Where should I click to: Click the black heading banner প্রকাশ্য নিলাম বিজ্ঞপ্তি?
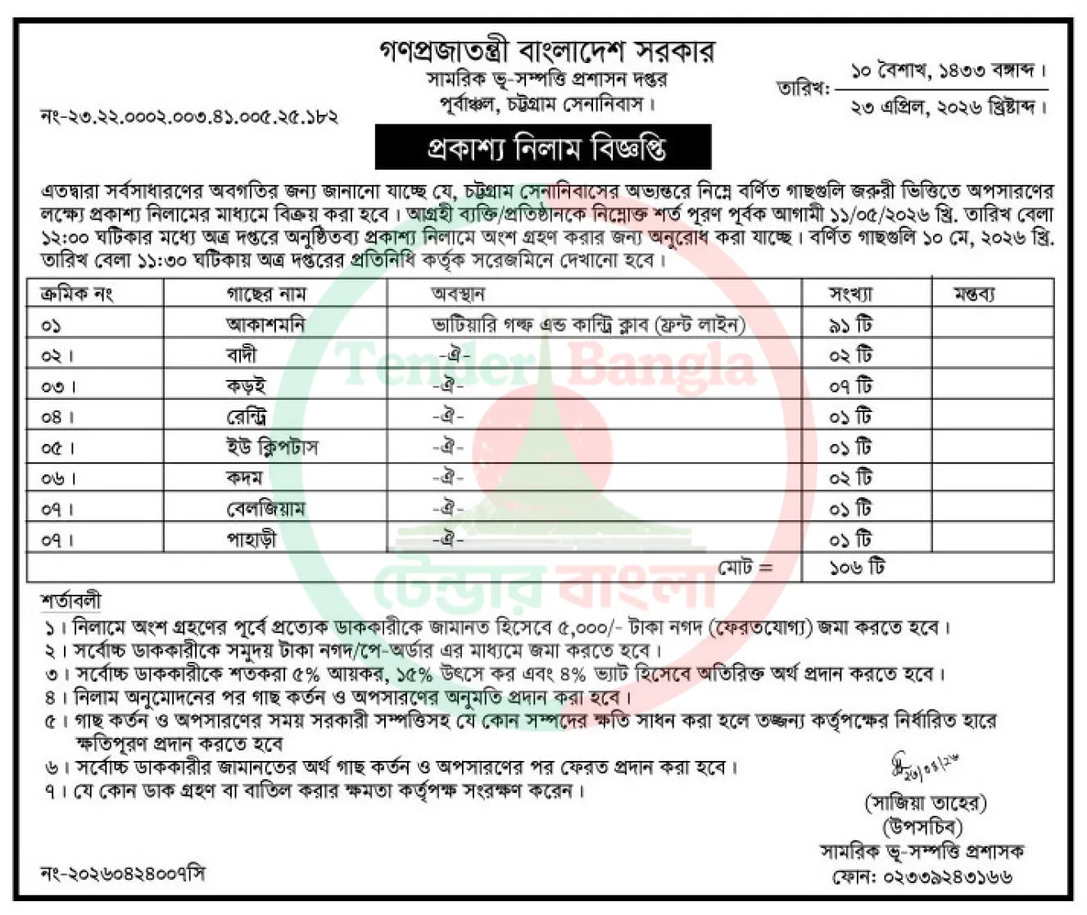coord(543,148)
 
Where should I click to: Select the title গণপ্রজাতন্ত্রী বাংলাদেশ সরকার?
coord(546,51)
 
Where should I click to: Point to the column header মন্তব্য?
coord(974,293)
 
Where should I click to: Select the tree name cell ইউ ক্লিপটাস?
coord(272,447)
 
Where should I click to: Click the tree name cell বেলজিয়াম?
coord(265,509)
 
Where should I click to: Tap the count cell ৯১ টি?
coord(851,324)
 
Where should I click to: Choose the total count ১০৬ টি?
coord(856,567)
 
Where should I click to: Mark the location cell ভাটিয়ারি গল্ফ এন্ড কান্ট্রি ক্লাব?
coord(588,324)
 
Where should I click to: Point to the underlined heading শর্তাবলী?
coord(70,601)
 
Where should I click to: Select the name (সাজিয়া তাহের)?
coord(926,802)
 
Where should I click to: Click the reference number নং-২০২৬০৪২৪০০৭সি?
coord(123,873)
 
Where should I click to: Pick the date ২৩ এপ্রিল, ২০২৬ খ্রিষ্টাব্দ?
coord(949,106)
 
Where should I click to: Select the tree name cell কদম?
coord(244,478)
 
